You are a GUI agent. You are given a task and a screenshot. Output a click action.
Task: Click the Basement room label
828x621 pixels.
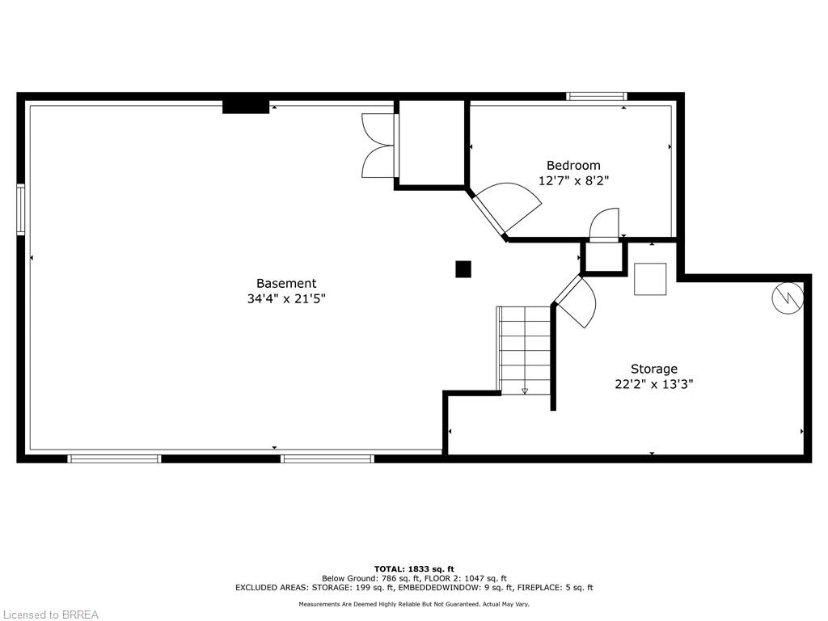coord(286,283)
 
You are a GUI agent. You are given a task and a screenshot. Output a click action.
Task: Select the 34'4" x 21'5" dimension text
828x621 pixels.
coord(286,298)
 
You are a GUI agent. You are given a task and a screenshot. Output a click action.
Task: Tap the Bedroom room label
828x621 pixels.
coord(573,166)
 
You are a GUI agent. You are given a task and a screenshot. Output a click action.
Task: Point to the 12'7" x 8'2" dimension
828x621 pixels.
coord(573,181)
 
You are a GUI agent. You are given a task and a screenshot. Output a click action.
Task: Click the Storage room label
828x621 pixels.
coord(654,369)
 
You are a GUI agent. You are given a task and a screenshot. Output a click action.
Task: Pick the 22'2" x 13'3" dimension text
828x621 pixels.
coord(654,384)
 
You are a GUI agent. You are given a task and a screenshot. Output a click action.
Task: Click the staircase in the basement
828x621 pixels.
coord(524,349)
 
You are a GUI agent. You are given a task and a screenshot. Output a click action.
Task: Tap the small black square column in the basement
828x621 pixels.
coord(463,269)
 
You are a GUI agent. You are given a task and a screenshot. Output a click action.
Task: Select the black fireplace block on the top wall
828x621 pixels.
coord(246,105)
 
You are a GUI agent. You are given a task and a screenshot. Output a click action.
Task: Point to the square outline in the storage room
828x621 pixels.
coord(650,279)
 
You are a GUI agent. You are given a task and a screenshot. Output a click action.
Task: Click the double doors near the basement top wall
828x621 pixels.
coord(378,146)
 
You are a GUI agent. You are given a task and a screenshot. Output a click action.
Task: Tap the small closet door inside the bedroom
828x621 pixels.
coord(604,226)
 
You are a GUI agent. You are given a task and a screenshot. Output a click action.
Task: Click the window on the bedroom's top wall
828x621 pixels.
coord(597,96)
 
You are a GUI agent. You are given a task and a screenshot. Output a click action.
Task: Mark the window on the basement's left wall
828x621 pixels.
coord(21,209)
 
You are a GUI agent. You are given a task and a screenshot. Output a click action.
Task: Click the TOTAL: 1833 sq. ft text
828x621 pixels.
coord(414,568)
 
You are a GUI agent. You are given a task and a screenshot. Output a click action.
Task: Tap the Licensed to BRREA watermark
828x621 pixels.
coord(49,615)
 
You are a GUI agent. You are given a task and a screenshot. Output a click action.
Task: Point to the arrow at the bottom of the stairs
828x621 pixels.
coord(524,391)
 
